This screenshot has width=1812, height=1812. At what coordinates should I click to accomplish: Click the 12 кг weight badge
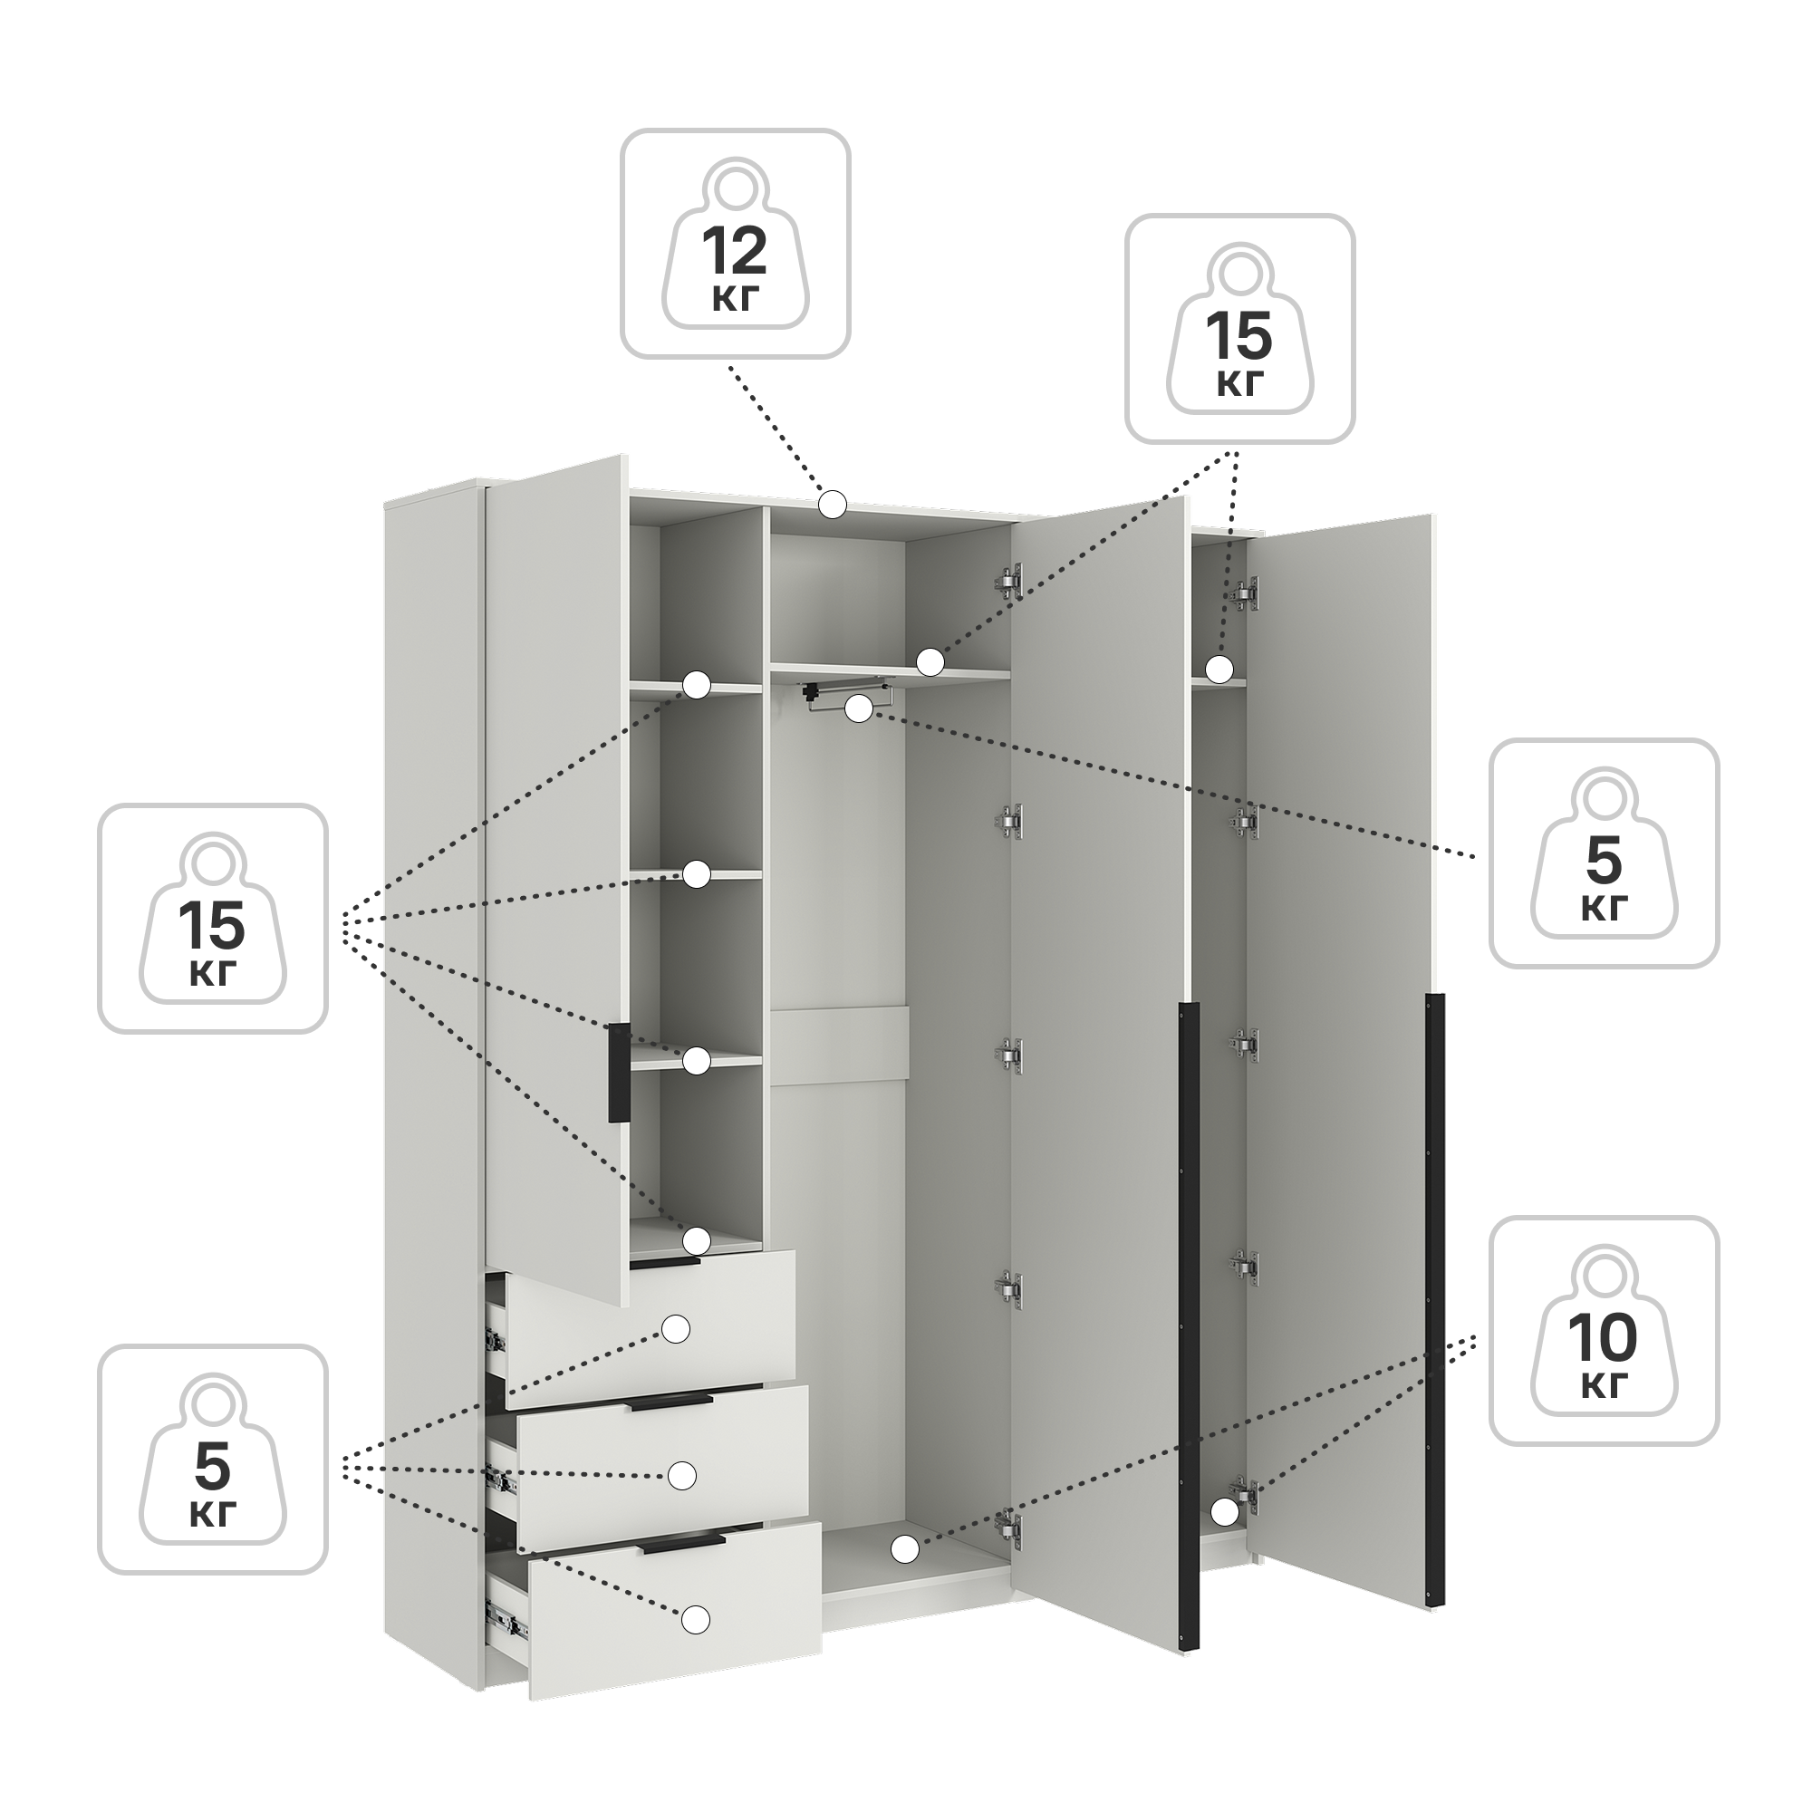(x=736, y=244)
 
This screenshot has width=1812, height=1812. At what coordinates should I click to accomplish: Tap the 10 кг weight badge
(x=1604, y=1331)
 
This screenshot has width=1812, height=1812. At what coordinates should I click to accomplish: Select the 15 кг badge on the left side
(x=213, y=918)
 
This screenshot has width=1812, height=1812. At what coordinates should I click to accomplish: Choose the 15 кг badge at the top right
(x=1240, y=328)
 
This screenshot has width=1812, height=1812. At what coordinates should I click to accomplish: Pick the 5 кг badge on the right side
(x=1604, y=853)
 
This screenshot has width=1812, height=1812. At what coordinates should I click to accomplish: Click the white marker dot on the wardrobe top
(x=832, y=505)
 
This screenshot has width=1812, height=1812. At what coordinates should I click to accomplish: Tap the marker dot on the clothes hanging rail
(x=858, y=708)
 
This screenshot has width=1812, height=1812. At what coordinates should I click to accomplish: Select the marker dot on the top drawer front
(x=676, y=1329)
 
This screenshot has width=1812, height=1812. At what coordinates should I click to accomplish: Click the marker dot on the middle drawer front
(x=682, y=1475)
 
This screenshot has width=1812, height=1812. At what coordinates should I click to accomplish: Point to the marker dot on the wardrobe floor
(x=904, y=1549)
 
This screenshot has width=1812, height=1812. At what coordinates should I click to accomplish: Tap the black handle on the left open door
(x=619, y=1071)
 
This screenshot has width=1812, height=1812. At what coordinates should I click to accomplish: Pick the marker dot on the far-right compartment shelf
(x=1219, y=669)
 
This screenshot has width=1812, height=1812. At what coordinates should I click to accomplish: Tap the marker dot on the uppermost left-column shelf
(x=695, y=685)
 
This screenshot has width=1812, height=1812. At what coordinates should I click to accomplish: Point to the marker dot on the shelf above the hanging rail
(x=930, y=662)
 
